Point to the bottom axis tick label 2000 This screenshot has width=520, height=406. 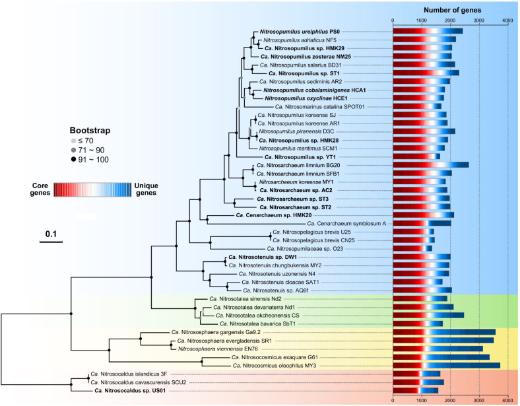tap(450, 399)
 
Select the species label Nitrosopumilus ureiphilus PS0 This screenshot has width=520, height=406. tap(292, 31)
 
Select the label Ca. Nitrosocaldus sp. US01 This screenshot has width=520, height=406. tap(129, 390)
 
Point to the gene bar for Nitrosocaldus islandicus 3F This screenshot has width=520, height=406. tap(416, 374)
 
